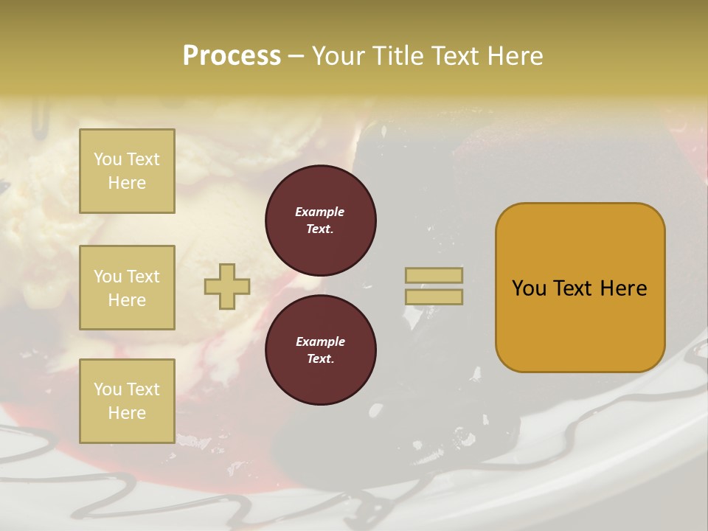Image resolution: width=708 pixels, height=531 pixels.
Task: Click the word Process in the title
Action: pos(232,56)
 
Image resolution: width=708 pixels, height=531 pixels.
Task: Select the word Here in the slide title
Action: pos(511,56)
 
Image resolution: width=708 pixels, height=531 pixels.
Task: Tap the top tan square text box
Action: pos(127,171)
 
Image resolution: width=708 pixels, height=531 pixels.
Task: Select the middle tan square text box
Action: pos(127,288)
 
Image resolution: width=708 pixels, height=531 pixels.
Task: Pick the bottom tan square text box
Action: pos(127,400)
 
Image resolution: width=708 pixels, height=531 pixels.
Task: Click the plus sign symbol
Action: pos(227,286)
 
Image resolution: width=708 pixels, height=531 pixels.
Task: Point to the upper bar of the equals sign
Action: pos(434,275)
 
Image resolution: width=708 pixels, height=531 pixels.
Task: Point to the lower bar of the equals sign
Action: pos(434,296)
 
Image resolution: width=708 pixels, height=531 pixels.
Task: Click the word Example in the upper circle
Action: pos(320,212)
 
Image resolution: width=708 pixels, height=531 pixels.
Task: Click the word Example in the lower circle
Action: pos(320,342)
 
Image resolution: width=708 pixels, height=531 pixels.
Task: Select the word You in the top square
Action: pos(108,159)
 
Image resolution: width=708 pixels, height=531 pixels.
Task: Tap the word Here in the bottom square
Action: pos(127,413)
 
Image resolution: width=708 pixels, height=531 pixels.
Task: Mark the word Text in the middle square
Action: pos(143,277)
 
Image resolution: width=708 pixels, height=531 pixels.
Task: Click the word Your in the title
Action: pos(340,56)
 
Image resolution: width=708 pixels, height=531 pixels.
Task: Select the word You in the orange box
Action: pos(529,288)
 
